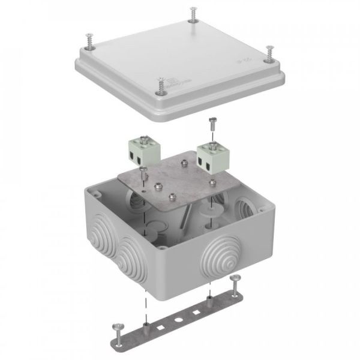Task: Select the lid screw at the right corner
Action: (x=268, y=53)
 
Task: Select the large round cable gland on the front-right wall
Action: (x=220, y=262)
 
